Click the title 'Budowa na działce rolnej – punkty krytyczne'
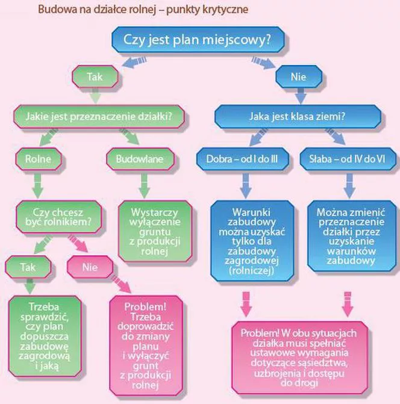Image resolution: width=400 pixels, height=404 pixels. [143, 10]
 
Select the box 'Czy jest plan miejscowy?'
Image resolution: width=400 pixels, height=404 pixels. [198, 40]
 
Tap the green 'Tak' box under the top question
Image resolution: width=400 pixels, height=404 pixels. [95, 77]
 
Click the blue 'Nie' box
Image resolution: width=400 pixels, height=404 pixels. [299, 77]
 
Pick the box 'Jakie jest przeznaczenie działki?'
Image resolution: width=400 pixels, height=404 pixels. [99, 116]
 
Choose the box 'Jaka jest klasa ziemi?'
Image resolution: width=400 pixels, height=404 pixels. [298, 116]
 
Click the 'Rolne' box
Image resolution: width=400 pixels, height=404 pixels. [39, 159]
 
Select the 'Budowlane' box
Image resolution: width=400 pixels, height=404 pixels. [140, 159]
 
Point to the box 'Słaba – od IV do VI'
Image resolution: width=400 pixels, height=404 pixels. [348, 159]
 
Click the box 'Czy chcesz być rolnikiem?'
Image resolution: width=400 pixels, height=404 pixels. [59, 217]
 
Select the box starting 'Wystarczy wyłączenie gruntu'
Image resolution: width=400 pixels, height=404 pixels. [155, 231]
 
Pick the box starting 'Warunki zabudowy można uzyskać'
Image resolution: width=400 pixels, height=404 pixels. [252, 241]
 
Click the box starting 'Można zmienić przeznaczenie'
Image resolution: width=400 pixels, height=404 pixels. [351, 236]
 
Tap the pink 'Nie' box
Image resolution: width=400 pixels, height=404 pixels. [90, 267]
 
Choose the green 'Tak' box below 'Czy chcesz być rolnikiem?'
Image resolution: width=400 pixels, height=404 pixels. [28, 267]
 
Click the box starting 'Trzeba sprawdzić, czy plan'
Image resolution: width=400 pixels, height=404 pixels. [45, 336]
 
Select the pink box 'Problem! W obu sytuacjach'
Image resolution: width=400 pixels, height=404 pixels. [299, 358]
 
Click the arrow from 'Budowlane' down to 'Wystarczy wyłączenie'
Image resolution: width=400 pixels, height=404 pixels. [145, 185]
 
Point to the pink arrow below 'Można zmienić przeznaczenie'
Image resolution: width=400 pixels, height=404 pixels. [348, 304]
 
